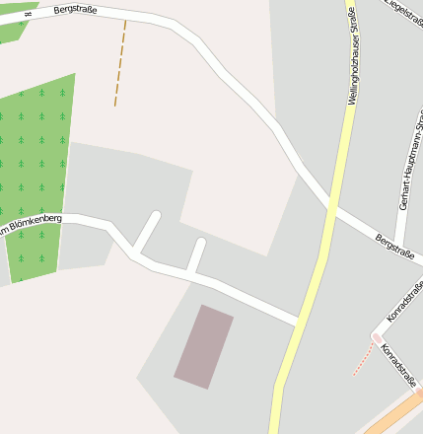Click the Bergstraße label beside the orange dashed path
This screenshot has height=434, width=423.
click(79, 9)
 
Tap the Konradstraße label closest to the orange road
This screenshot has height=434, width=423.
click(399, 366)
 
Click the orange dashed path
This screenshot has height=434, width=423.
click(120, 63)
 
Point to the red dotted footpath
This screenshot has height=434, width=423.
click(363, 361)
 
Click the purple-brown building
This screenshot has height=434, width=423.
click(204, 346)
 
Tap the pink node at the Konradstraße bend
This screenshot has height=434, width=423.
click(376, 338)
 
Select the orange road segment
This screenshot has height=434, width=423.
click(394, 415)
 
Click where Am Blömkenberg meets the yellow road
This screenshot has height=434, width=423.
click(299, 322)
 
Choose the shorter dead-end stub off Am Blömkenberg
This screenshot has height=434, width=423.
click(196, 255)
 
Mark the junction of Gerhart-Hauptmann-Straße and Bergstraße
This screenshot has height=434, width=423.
click(396, 245)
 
